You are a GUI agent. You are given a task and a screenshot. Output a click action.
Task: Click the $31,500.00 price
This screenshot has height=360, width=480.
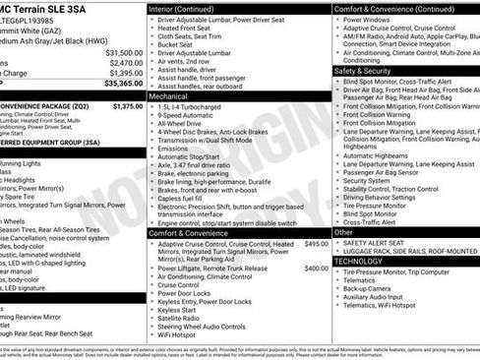point(124,52)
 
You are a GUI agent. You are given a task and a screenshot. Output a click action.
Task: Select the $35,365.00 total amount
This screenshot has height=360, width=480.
point(123,85)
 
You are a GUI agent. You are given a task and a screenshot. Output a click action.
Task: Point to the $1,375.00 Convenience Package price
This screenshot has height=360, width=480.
point(127,105)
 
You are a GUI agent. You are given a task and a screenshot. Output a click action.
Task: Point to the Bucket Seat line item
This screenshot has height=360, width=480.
point(176,44)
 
